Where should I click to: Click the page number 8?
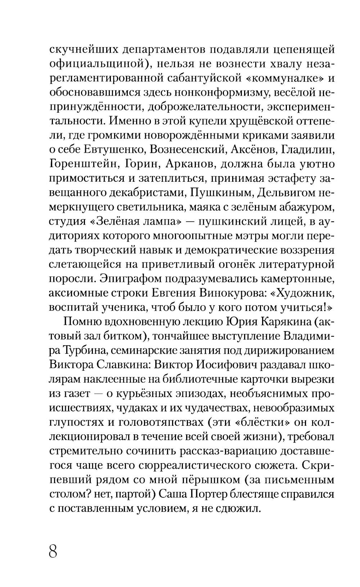click(x=53, y=551)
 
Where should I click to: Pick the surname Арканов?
click(x=190, y=164)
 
